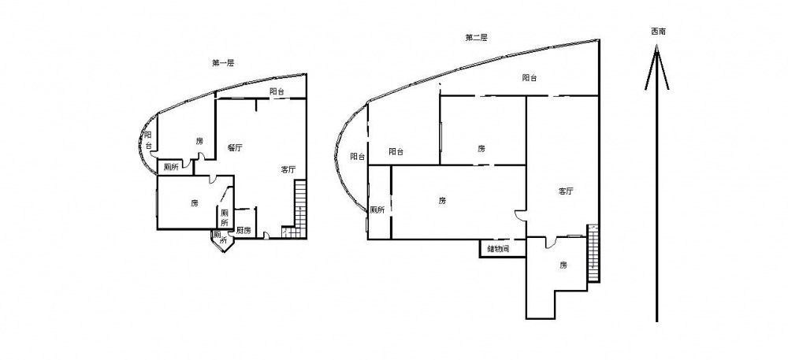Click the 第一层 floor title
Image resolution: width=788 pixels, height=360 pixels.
click(x=223, y=63)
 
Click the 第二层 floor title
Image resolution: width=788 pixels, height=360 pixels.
click(x=476, y=37)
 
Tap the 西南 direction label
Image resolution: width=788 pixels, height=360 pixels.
click(x=658, y=32)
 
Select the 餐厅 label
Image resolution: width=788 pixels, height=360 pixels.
click(x=235, y=147)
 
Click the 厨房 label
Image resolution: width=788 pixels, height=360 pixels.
click(x=243, y=231)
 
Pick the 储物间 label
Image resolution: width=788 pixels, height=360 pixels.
click(x=499, y=249)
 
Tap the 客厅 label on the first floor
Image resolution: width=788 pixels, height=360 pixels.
click(x=288, y=169)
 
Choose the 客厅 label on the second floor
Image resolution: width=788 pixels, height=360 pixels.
click(x=566, y=191)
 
